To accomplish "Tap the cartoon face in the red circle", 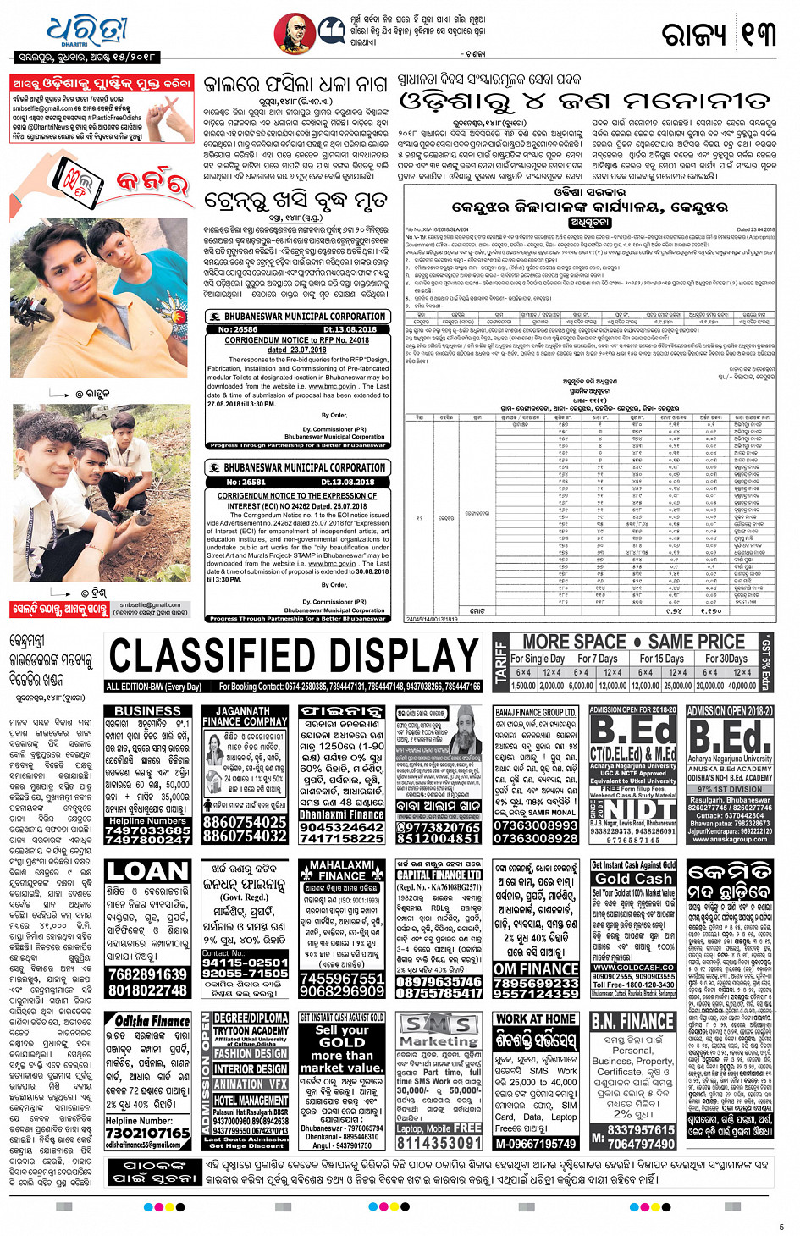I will (295, 34).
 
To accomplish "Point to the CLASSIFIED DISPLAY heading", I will (294, 656).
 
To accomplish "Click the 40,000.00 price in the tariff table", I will (742, 686).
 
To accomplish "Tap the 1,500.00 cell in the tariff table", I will (523, 686).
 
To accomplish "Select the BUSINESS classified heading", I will (147, 711).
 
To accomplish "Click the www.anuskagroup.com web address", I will (729, 839).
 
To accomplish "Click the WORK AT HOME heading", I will (536, 1018).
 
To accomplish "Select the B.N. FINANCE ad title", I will (633, 1022).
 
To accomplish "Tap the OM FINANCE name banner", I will (536, 968).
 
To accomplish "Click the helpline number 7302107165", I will (147, 1133).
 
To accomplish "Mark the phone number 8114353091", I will (439, 1142).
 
